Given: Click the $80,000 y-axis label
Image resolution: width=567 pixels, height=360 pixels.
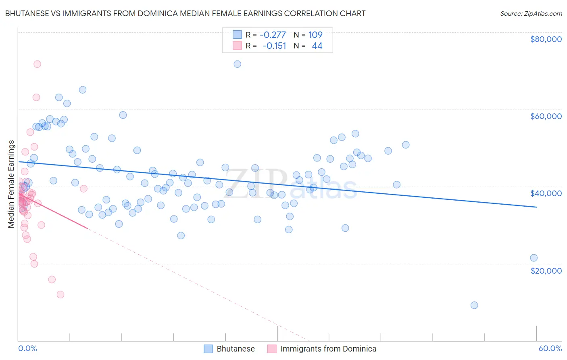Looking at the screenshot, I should point(546,39).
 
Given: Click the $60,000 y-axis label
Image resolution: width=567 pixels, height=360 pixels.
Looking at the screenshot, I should point(546,116).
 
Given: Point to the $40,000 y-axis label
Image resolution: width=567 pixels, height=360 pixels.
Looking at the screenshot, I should point(546,193).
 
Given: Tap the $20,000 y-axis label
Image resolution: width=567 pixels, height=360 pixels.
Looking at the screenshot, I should point(546,270).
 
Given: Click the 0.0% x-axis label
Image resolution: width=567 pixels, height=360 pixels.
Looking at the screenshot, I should point(27,348).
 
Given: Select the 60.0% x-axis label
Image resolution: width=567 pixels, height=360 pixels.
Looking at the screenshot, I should point(550,348).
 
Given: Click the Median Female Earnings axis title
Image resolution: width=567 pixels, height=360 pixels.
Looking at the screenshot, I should point(11,184).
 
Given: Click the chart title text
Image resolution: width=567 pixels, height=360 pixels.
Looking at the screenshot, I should point(186,13).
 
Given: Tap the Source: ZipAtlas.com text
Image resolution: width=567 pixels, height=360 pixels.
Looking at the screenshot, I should point(531,13).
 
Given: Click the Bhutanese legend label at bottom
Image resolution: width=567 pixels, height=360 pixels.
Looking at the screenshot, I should point(236,349).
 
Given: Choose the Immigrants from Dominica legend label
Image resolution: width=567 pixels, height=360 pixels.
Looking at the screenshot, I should point(328,349).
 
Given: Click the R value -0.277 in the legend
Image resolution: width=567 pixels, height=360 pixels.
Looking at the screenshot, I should point(273,35).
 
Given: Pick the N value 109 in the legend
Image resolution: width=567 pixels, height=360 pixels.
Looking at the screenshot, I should point(315,35).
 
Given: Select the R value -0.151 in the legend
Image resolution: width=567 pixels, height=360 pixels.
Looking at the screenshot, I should point(274,46).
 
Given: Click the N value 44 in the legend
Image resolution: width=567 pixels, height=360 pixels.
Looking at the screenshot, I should point(317,46).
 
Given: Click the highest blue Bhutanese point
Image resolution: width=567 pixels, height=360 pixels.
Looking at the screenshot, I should point(238,64).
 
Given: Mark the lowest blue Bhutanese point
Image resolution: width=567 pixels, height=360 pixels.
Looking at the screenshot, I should point(474,305).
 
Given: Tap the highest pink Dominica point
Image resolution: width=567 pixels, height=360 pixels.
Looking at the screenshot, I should point(37,64).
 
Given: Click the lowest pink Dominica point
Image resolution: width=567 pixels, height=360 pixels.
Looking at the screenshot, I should point(60,295).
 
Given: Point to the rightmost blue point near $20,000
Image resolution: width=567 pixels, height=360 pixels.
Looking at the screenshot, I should point(534,258).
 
